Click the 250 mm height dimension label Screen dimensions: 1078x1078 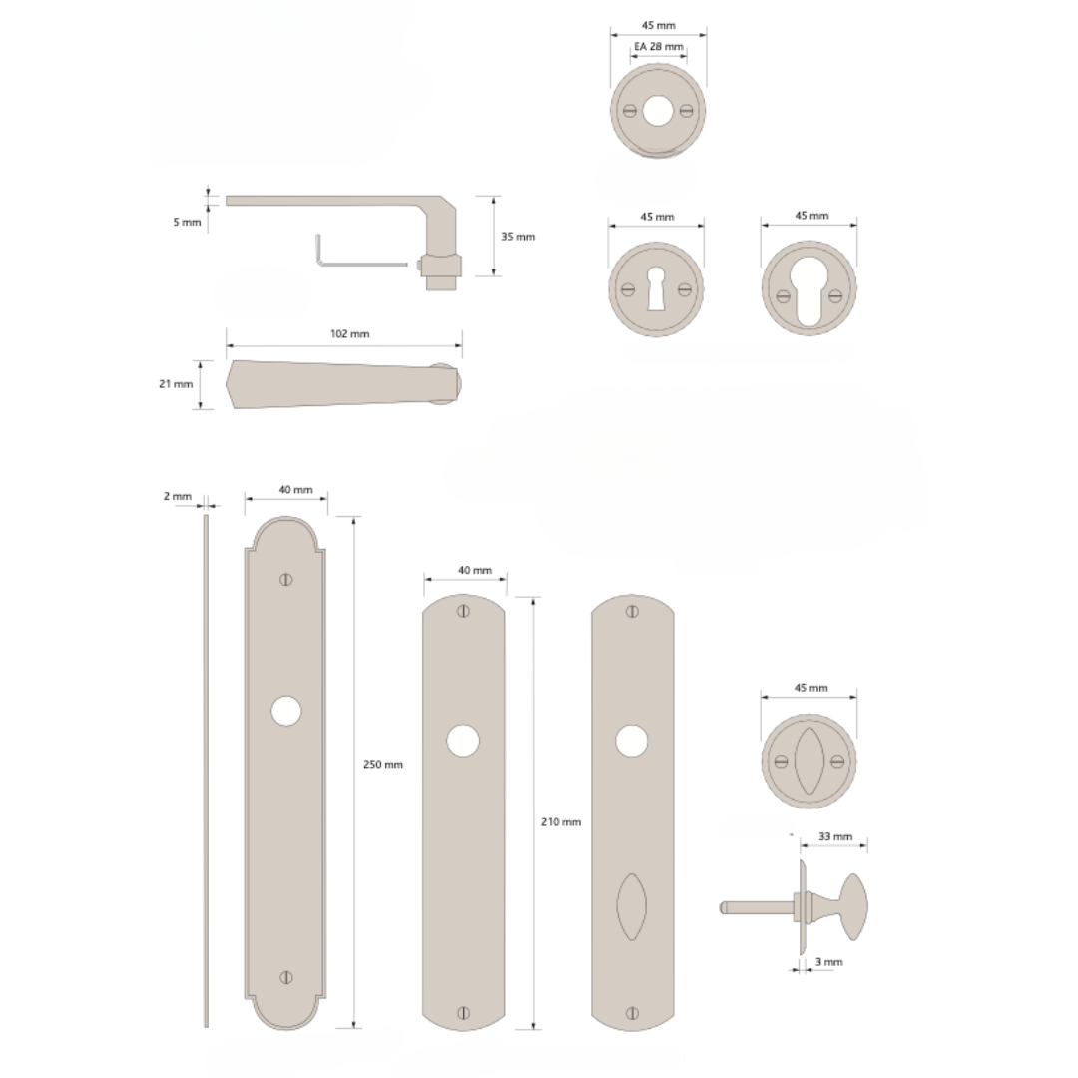point(383,764)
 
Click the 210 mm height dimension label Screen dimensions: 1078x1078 point(560,821)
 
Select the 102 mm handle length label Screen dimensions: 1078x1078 point(350,334)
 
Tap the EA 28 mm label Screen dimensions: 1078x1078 point(659,47)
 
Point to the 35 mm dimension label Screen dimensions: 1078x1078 point(518,237)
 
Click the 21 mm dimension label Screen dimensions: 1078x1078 point(176,384)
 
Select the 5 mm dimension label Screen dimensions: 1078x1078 point(187,222)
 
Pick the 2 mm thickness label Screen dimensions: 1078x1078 point(178,496)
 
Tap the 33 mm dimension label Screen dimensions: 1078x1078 point(835,836)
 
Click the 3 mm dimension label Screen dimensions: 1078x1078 point(828,962)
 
